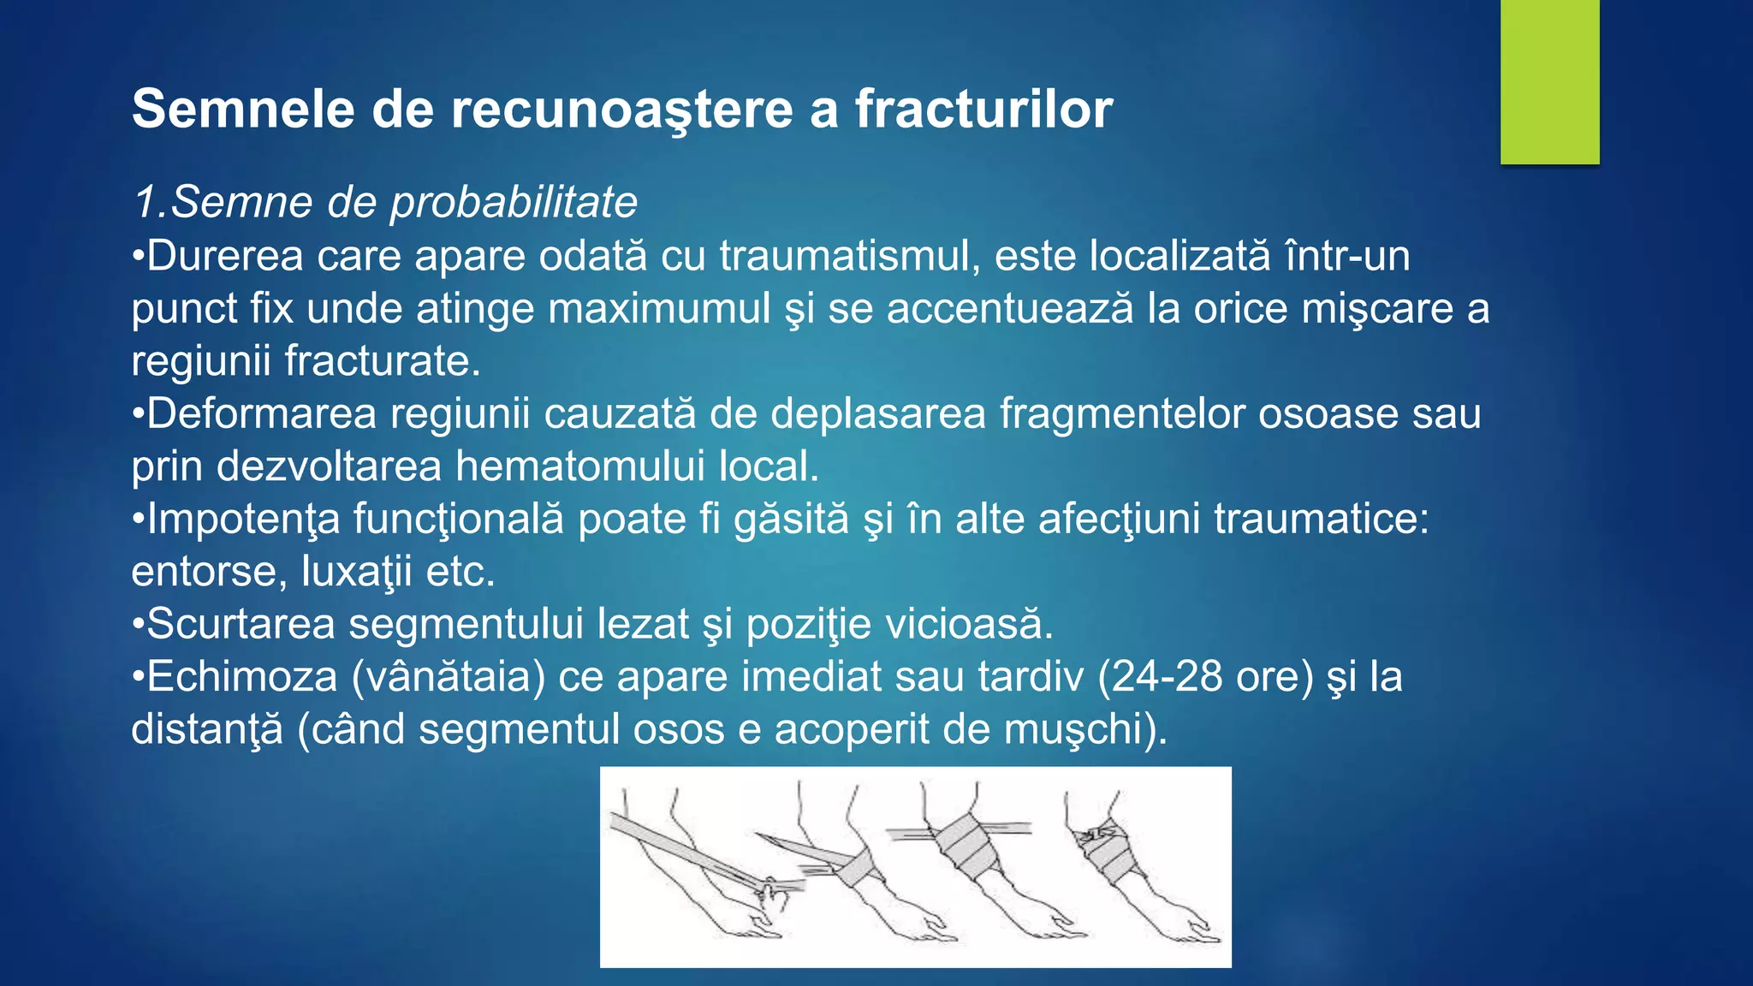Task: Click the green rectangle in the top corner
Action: point(1549,81)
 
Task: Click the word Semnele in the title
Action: point(243,110)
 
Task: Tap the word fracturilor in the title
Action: point(983,110)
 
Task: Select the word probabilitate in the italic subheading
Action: point(514,203)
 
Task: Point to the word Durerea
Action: point(225,256)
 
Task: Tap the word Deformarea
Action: point(261,414)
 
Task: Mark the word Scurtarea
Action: point(241,625)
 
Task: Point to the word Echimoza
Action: point(242,677)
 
